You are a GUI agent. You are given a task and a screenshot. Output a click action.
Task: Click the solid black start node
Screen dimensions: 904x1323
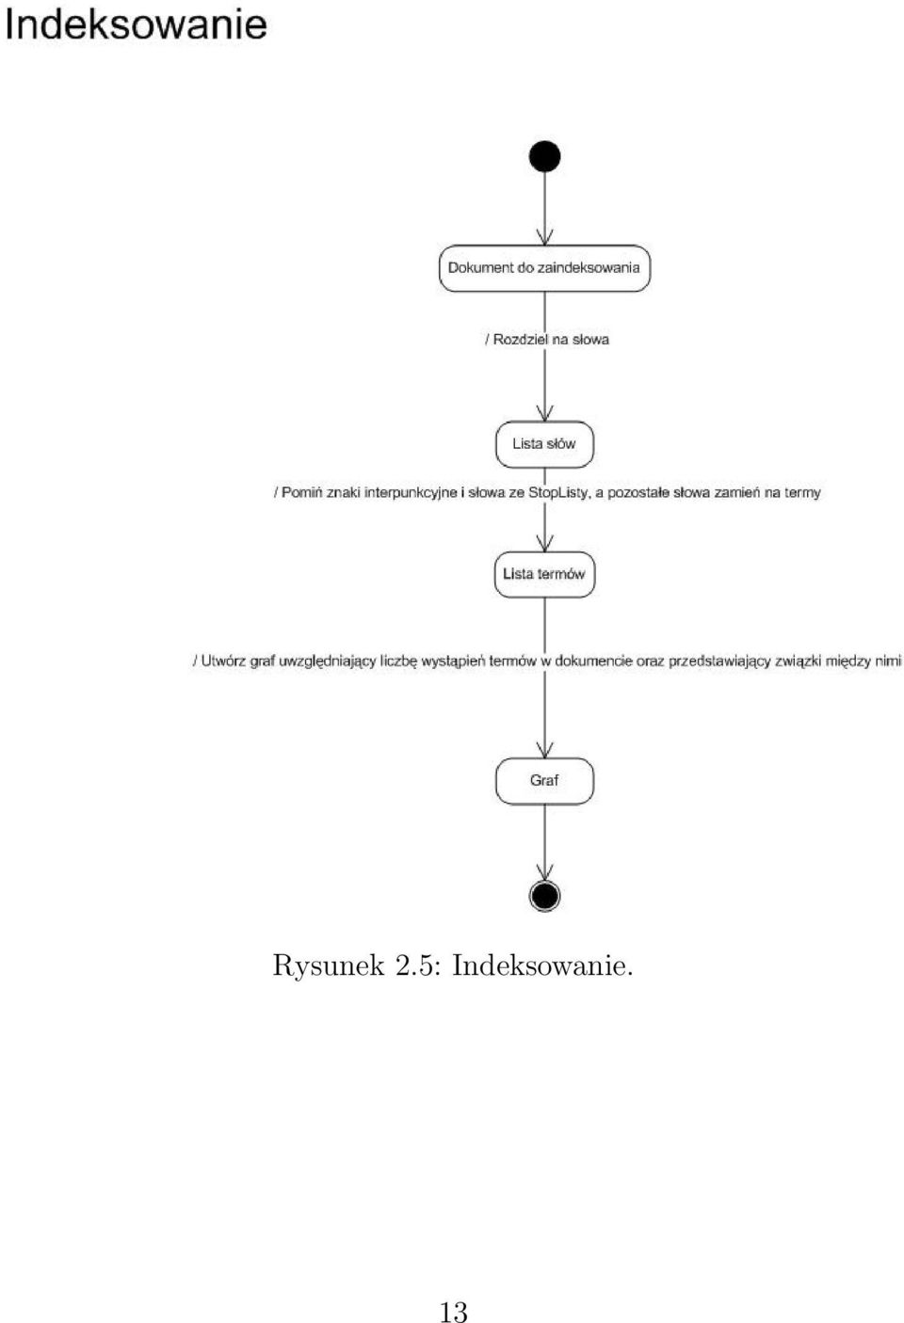tap(544, 156)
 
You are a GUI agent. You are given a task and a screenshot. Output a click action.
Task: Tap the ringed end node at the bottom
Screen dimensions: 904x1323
tap(544, 896)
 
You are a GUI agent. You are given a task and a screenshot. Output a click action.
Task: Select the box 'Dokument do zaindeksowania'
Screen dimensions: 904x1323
tap(544, 268)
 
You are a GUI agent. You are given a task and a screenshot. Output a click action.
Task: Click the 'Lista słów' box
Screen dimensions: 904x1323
tap(544, 444)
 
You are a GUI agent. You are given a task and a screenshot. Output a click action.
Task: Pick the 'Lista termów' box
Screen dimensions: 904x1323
tap(544, 575)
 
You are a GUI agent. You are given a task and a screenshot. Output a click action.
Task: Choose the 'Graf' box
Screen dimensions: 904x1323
tap(544, 781)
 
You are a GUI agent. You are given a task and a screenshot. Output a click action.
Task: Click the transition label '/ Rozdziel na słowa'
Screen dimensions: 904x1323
tap(547, 340)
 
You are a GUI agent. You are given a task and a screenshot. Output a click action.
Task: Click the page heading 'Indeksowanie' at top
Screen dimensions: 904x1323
tap(136, 24)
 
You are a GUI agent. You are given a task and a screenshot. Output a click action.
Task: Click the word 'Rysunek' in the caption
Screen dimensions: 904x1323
tap(328, 966)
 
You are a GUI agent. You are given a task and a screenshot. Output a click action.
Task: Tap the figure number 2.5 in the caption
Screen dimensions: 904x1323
tap(417, 966)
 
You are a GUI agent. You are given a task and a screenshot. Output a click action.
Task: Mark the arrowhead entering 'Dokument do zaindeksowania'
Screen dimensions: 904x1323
tap(544, 237)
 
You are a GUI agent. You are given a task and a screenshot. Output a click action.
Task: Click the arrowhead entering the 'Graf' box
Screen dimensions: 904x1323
tap(544, 750)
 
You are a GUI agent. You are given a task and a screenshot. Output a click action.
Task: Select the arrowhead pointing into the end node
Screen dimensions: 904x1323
tap(544, 872)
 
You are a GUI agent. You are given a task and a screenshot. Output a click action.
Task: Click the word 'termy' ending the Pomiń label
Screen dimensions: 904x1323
tap(802, 492)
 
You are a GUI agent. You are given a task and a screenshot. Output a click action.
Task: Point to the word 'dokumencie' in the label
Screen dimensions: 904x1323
tap(593, 661)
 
